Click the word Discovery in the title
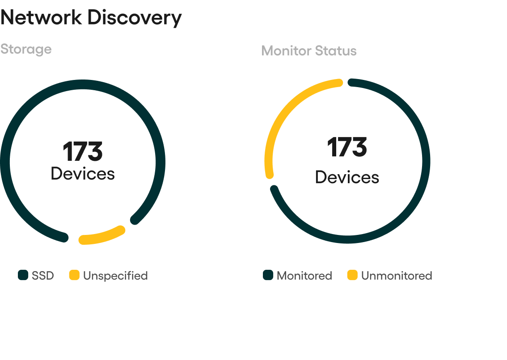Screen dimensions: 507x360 pyautogui.click(x=135, y=18)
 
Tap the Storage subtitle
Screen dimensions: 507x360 pyautogui.click(x=26, y=50)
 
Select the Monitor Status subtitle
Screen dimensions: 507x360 pyautogui.click(x=309, y=51)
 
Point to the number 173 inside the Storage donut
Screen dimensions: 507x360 pyautogui.click(x=83, y=151)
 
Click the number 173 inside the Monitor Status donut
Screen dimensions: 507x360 pyautogui.click(x=347, y=147)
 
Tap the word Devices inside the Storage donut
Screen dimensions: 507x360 pyautogui.click(x=83, y=174)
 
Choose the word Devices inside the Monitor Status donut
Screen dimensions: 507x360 pyautogui.click(x=347, y=177)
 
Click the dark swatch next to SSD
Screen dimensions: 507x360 pyautogui.click(x=23, y=275)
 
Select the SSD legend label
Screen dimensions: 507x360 pyautogui.click(x=42, y=276)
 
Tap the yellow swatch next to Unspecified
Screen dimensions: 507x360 pyautogui.click(x=74, y=275)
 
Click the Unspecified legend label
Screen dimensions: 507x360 pyautogui.click(x=115, y=276)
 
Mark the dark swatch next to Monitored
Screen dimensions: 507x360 pyautogui.click(x=268, y=275)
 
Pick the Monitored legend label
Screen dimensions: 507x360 pyautogui.click(x=304, y=276)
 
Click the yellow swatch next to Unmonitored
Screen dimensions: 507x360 pyautogui.click(x=352, y=275)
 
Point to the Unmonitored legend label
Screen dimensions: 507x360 pyautogui.click(x=397, y=276)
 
